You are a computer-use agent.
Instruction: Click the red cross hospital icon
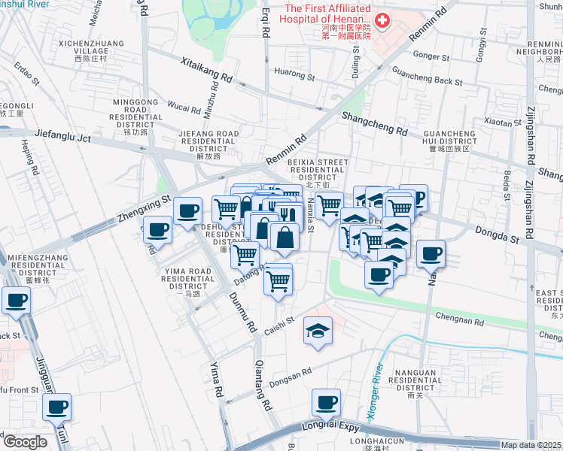click(x=382, y=21)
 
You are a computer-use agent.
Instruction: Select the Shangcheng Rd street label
click(x=374, y=124)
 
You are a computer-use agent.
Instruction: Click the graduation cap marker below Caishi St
click(x=318, y=330)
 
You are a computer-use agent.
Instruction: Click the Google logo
click(x=24, y=442)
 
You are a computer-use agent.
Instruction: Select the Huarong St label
click(x=294, y=74)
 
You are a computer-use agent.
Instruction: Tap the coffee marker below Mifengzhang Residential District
click(x=17, y=301)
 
